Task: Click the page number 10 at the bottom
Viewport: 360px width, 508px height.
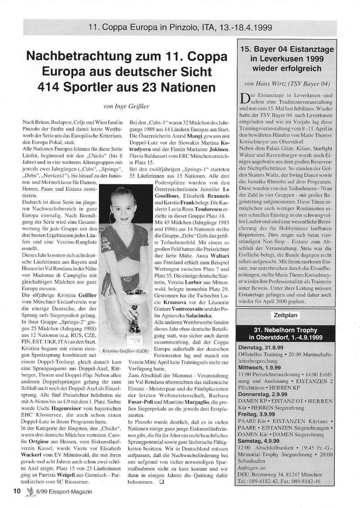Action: [16, 491]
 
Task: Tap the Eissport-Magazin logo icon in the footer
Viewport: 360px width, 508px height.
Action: [28, 492]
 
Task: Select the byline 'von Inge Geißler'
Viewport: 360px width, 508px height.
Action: [126, 106]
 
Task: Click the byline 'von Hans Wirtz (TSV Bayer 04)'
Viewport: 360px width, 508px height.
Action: [287, 84]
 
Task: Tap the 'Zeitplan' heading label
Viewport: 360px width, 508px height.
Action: [286, 315]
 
